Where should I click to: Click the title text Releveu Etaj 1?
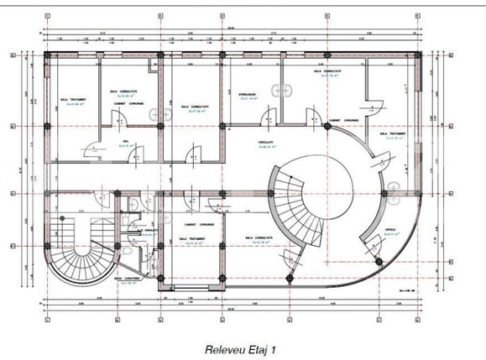point(242,346)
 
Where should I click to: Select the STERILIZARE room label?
point(248,95)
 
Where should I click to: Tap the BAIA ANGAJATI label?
point(148,231)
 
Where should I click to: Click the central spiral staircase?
point(299,201)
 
